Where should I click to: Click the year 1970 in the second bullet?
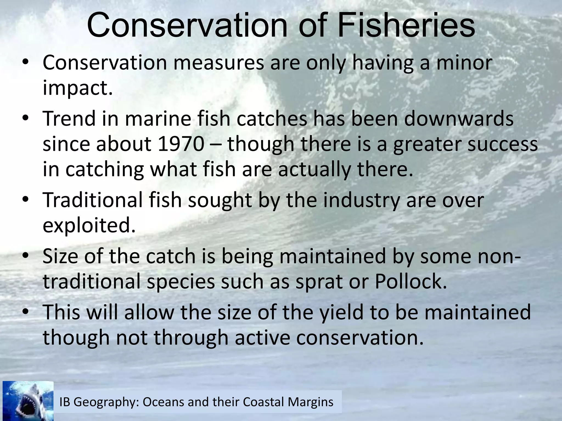pos(181,144)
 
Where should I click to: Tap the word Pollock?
pos(411,281)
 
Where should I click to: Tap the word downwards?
pos(459,119)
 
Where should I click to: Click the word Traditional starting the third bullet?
pos(93,200)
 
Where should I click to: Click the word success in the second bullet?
pos(502,144)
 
